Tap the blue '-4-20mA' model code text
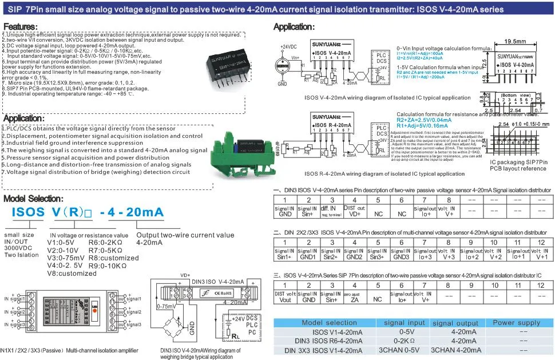(x=132, y=212)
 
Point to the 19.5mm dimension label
(x=516, y=42)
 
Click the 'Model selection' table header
(x=329, y=323)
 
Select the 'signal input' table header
(x=404, y=323)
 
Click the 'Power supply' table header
(x=516, y=323)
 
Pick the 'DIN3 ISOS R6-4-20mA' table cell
(x=329, y=341)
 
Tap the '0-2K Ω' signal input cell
(x=404, y=341)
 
